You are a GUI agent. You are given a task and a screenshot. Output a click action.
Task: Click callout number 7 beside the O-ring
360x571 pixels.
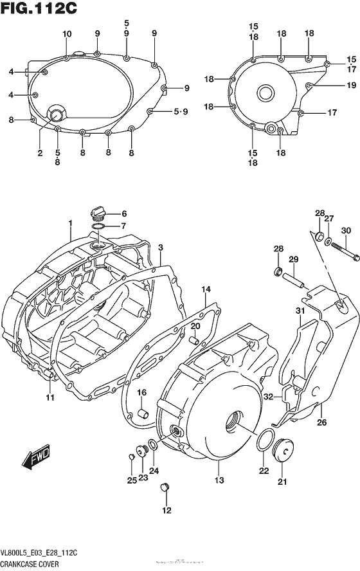[x=123, y=226]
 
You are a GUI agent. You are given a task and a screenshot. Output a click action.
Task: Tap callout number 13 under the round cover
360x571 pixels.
[x=219, y=480]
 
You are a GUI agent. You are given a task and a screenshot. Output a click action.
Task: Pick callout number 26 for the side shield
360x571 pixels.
[x=321, y=422]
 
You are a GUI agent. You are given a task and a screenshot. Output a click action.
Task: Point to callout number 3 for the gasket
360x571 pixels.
[x=160, y=248]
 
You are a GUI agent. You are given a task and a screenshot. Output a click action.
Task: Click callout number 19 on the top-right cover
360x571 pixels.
[x=333, y=85]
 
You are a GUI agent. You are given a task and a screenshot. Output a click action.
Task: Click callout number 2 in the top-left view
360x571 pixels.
[x=40, y=153]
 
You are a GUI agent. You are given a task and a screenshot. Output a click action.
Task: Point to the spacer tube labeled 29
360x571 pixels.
[x=292, y=280]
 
